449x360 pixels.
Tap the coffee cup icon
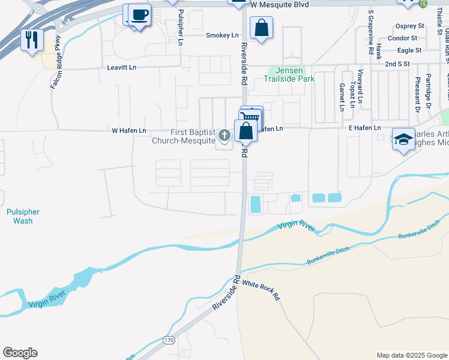coord(139,14)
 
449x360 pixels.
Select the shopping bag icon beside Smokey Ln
coord(261,28)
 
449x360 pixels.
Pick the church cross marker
coord(224,136)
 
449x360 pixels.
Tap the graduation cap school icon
coord(403,139)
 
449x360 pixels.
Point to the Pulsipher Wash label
coord(23,216)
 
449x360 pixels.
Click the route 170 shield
coord(169,341)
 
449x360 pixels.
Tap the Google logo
coord(20,353)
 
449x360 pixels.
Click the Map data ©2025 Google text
coord(411,355)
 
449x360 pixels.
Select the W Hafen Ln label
coord(128,130)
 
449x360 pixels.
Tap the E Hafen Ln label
coord(364,128)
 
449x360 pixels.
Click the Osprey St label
coord(409,26)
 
